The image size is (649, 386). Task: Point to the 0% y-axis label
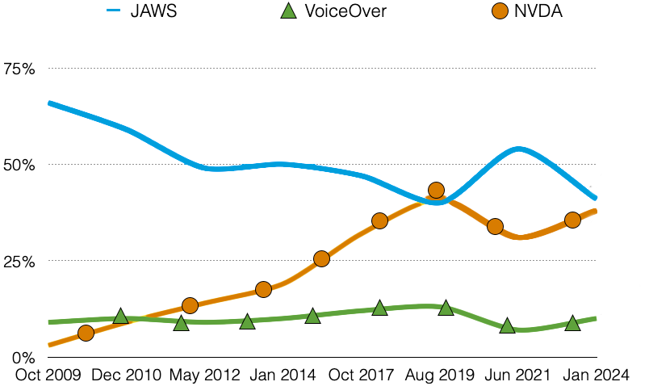pos(24,357)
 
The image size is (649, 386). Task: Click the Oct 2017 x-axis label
pos(363,375)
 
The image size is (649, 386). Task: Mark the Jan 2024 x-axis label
pos(597,375)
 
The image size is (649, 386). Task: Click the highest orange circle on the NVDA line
pos(436,191)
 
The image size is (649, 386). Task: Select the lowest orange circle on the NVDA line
pos(86,333)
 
